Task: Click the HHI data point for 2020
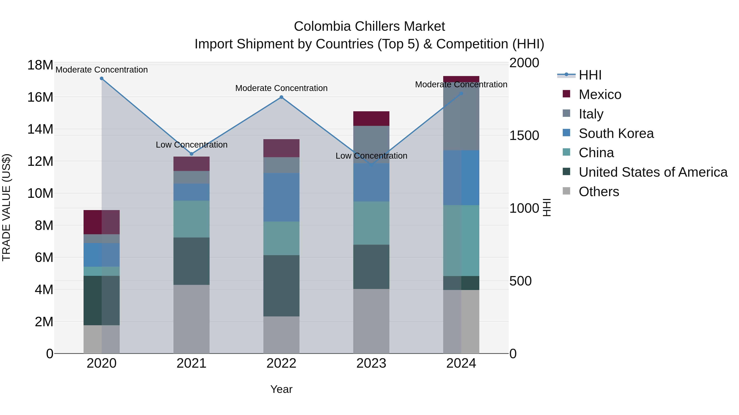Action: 102,78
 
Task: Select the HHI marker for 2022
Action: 281,97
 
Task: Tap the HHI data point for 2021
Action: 192,154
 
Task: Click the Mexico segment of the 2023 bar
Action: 371,119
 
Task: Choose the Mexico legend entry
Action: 600,94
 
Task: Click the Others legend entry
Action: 599,192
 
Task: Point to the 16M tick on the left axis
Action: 40,97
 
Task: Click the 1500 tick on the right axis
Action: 524,135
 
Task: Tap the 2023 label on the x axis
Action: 371,363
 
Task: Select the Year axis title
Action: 281,389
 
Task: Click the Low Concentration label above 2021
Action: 192,145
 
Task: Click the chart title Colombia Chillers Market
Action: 369,26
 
